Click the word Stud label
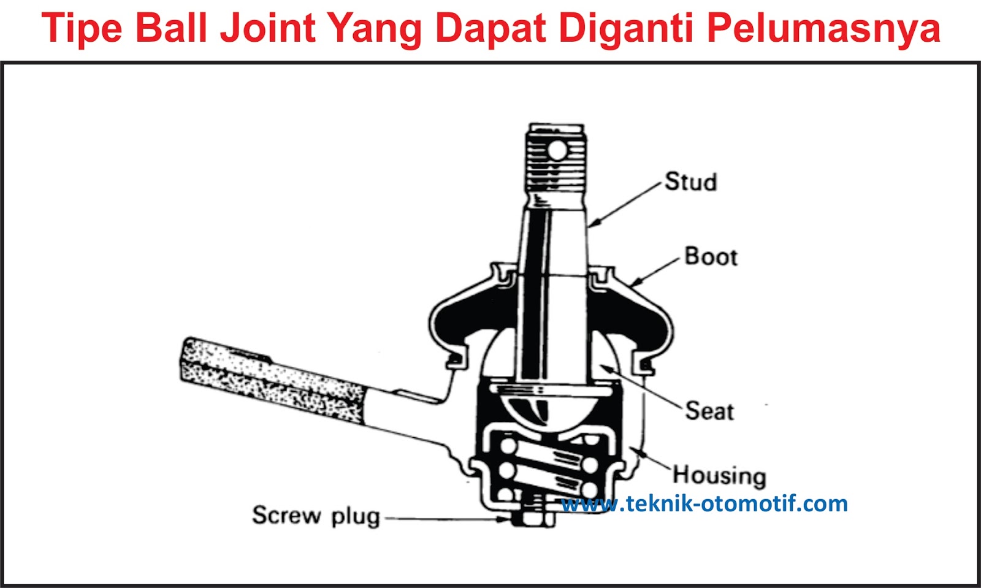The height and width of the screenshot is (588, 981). (691, 182)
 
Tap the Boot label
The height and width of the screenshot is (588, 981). (711, 256)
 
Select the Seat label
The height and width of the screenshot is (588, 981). (709, 411)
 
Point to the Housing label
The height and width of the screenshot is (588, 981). (719, 475)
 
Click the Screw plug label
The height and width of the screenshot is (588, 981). (316, 516)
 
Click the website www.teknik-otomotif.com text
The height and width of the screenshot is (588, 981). (704, 504)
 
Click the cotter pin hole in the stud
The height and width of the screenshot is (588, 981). (557, 150)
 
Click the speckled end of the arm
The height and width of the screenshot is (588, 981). (270, 377)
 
